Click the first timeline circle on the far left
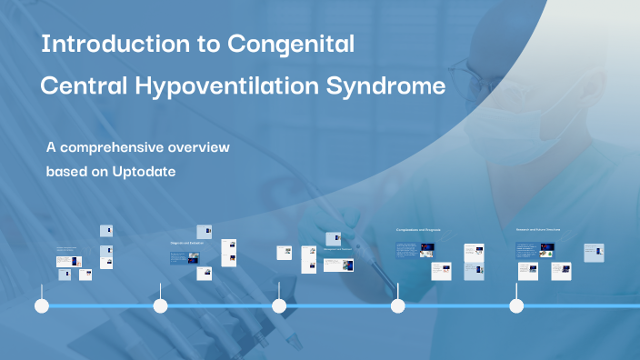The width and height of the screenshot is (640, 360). pyautogui.click(x=41, y=306)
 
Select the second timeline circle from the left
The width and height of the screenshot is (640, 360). pyautogui.click(x=161, y=306)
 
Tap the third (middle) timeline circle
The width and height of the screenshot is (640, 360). pyautogui.click(x=279, y=306)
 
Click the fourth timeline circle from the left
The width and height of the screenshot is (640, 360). pyautogui.click(x=397, y=306)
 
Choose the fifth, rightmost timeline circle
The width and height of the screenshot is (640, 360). pyautogui.click(x=516, y=306)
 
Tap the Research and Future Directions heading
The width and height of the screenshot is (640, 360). pyautogui.click(x=538, y=230)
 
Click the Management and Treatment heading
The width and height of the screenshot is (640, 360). pyautogui.click(x=337, y=247)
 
